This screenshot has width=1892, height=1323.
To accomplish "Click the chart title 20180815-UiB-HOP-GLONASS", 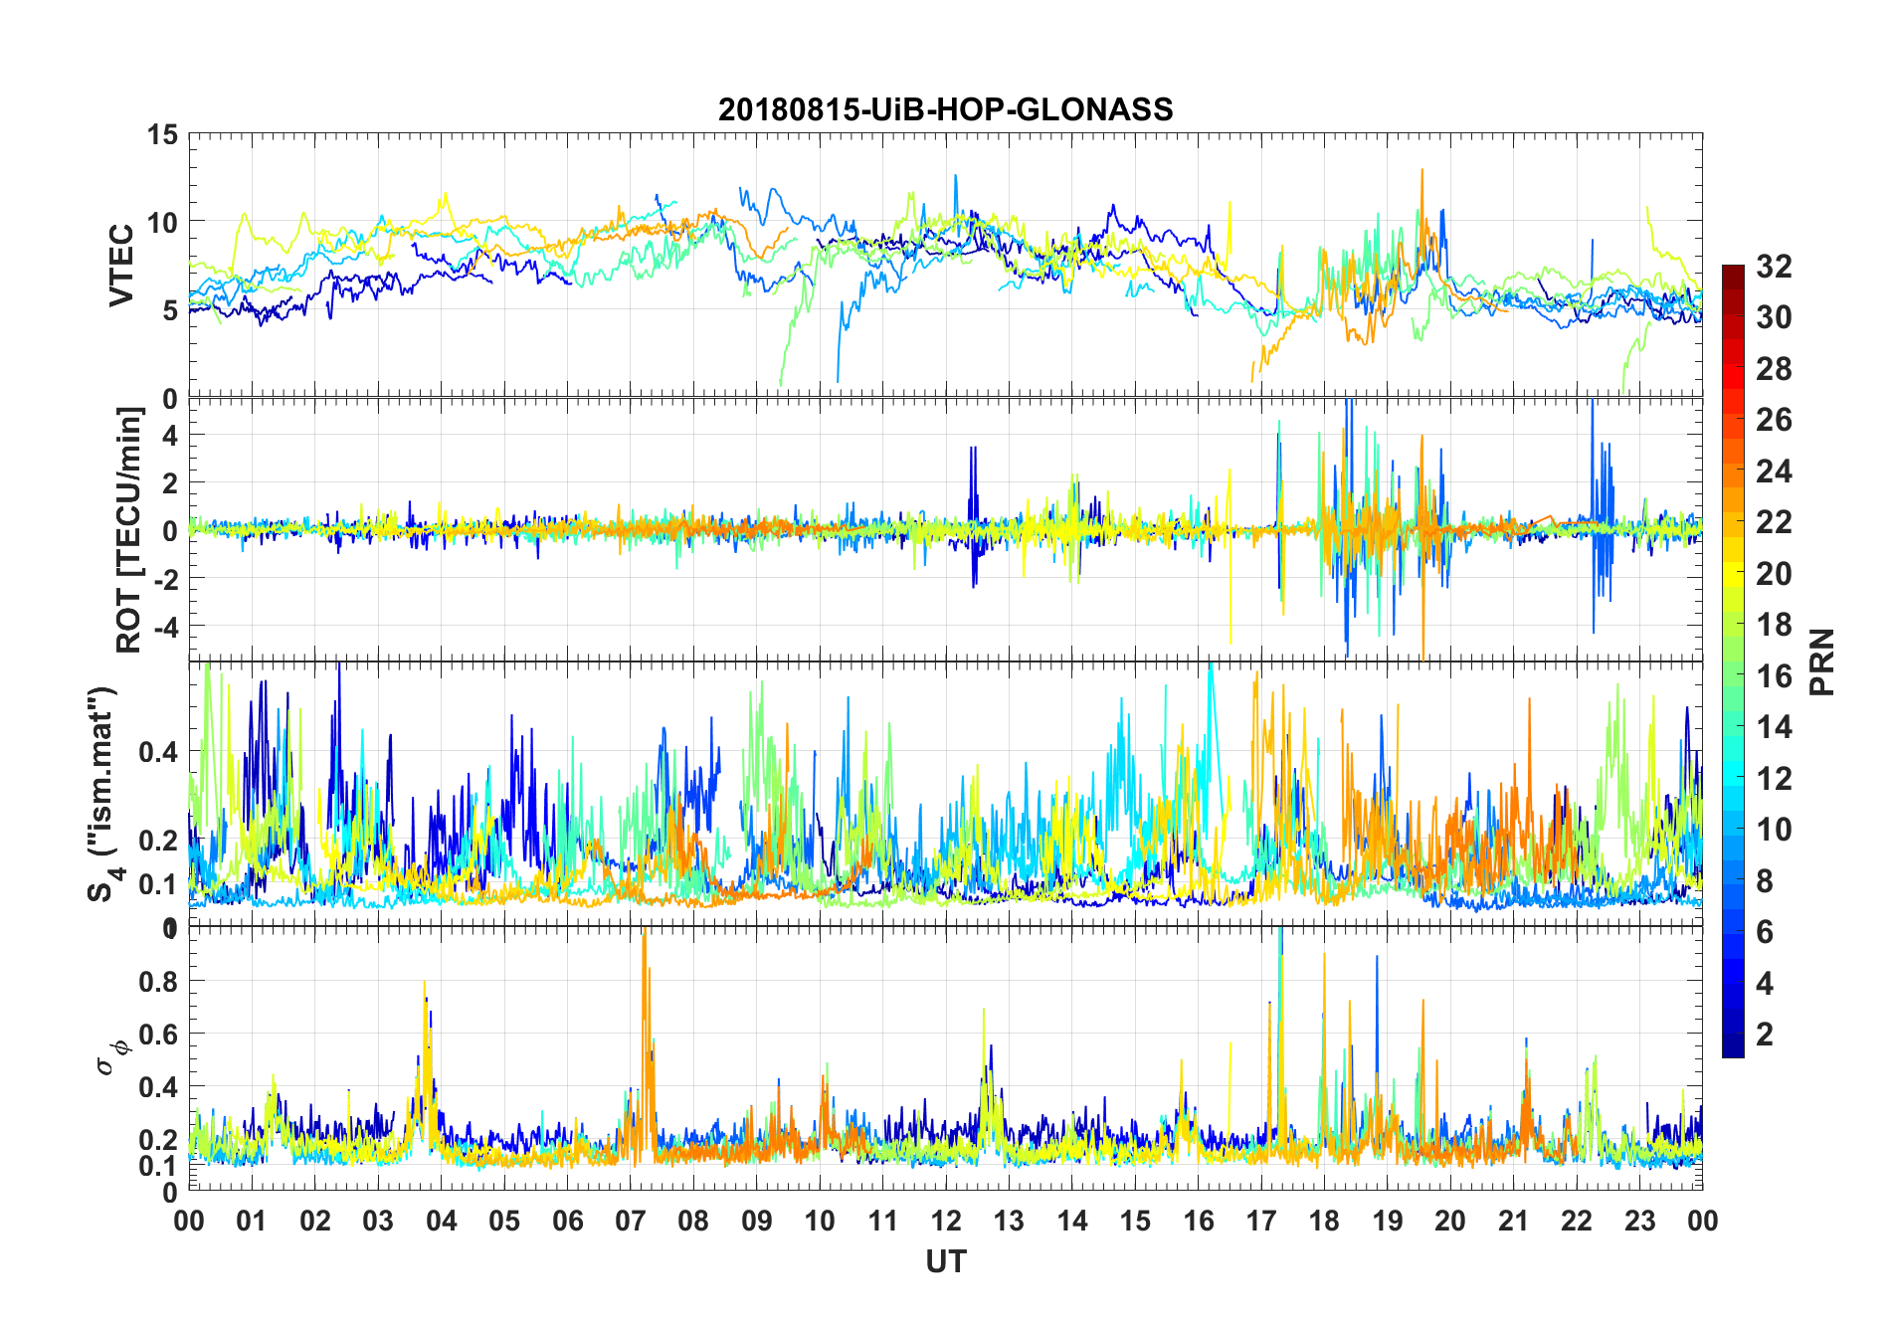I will (x=945, y=109).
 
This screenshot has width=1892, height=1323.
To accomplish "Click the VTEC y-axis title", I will (x=121, y=266).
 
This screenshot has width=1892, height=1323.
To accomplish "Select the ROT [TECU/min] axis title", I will (x=129, y=530).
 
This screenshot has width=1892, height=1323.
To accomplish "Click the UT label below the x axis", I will (x=945, y=1262).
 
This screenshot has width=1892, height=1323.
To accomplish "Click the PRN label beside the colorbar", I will (x=1822, y=661).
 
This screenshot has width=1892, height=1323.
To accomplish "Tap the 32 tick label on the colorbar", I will (x=1774, y=266).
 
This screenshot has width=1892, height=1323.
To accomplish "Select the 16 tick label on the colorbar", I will (x=1774, y=676).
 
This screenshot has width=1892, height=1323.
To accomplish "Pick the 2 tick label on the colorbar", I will (x=1765, y=1035).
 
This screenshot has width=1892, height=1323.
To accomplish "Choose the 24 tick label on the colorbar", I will (x=1774, y=471).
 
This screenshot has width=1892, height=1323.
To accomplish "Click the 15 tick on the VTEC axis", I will (x=163, y=134).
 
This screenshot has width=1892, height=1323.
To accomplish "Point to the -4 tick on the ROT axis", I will (x=165, y=627).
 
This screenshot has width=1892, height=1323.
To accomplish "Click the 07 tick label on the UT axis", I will (x=631, y=1221).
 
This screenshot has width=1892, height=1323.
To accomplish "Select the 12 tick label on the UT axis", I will (x=946, y=1221).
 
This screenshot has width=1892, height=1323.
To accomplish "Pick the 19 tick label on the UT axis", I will (x=1388, y=1221).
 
